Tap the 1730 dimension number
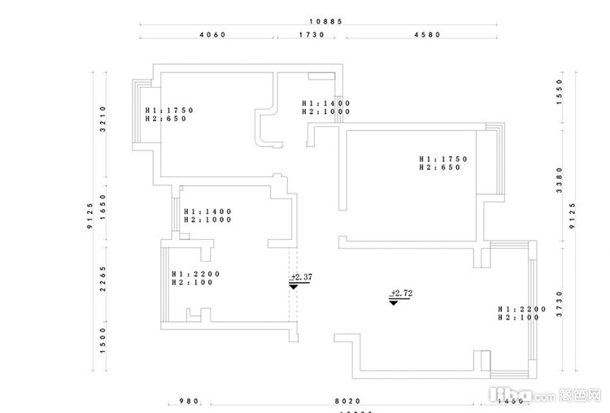(312, 36)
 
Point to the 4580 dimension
(427, 36)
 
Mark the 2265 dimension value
(103, 276)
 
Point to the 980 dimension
(189, 401)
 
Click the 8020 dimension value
(341, 401)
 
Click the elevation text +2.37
(301, 277)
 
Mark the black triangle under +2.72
(394, 302)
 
